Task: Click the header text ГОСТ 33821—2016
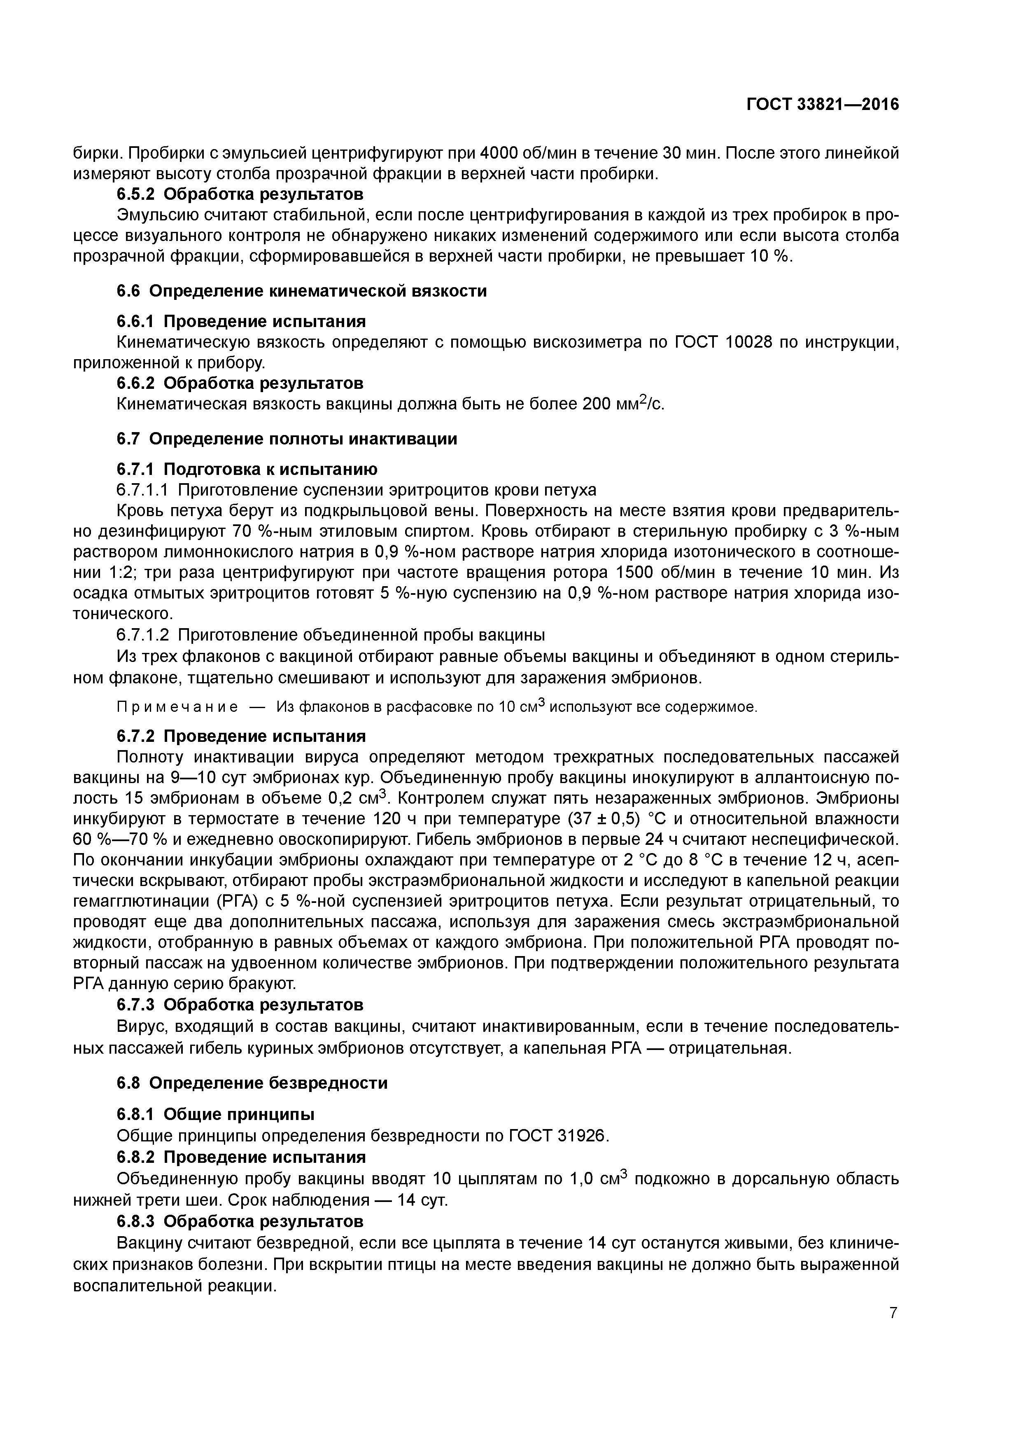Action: click(823, 105)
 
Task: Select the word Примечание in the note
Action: click(177, 707)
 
